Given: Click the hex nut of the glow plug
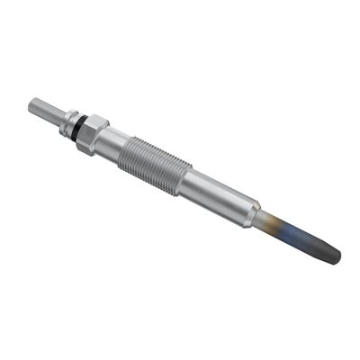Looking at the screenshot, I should coord(93,132).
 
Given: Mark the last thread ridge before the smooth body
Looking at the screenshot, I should coord(184,176).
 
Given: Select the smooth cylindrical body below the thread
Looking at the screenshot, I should coord(220,196).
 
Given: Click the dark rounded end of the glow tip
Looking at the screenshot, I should coord(336,257).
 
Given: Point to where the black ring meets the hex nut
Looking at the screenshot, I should coord(82,125).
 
